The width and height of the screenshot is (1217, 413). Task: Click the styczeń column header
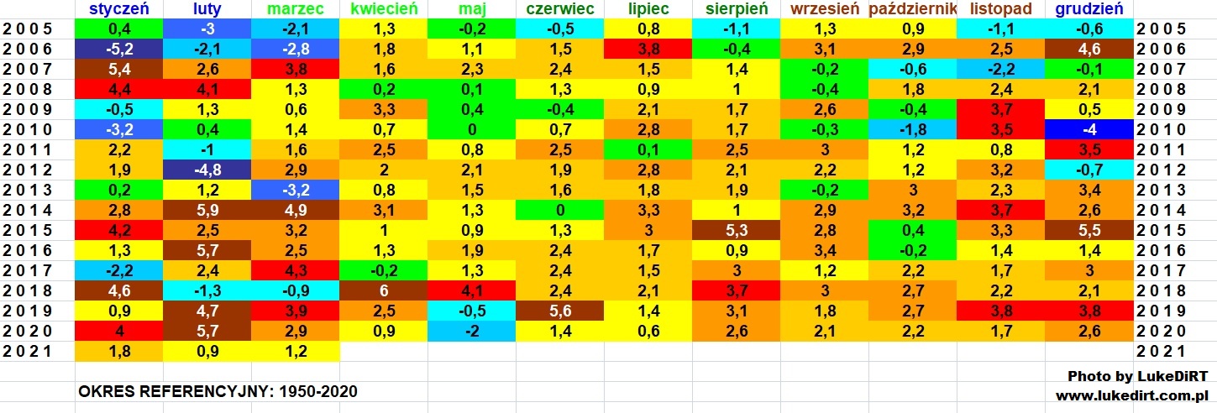pyautogui.click(x=119, y=9)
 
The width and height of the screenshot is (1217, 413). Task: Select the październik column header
pyautogui.click(x=912, y=9)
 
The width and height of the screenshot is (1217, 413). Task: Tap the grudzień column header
pyautogui.click(x=1088, y=9)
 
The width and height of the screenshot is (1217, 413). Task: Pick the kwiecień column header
pyautogui.click(x=383, y=9)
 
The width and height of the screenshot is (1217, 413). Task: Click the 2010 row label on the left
pyautogui.click(x=29, y=129)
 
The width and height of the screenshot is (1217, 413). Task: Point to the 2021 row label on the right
pyautogui.click(x=1161, y=352)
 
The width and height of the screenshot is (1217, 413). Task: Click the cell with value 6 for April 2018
pyautogui.click(x=383, y=291)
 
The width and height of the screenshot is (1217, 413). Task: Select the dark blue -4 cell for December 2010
pyautogui.click(x=1088, y=129)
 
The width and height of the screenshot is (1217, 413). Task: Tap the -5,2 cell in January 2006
pyautogui.click(x=119, y=50)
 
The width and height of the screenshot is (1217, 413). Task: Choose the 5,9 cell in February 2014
pyautogui.click(x=207, y=211)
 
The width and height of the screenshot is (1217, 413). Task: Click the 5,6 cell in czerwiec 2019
pyautogui.click(x=559, y=311)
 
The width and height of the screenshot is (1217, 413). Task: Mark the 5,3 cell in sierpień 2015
pyautogui.click(x=736, y=231)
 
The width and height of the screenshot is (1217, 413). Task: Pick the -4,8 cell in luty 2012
pyautogui.click(x=207, y=170)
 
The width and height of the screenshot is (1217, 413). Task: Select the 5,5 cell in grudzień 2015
pyautogui.click(x=1088, y=231)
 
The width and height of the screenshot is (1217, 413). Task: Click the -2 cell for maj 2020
pyautogui.click(x=471, y=332)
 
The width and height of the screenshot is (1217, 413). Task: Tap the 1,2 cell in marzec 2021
pyautogui.click(x=295, y=352)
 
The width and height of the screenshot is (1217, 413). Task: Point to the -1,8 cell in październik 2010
pyautogui.click(x=912, y=129)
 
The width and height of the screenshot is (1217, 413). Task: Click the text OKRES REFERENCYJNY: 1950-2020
pyautogui.click(x=218, y=392)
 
